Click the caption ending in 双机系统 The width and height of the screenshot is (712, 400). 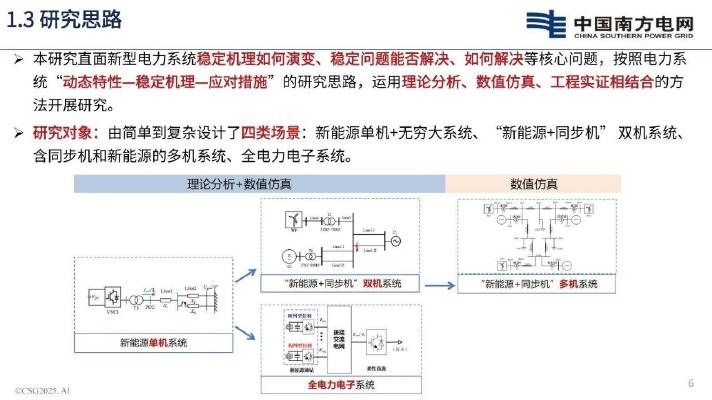[x=342, y=284]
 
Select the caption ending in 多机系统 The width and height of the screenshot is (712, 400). [x=539, y=284]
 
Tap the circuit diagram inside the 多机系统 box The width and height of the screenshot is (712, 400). [x=540, y=236]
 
